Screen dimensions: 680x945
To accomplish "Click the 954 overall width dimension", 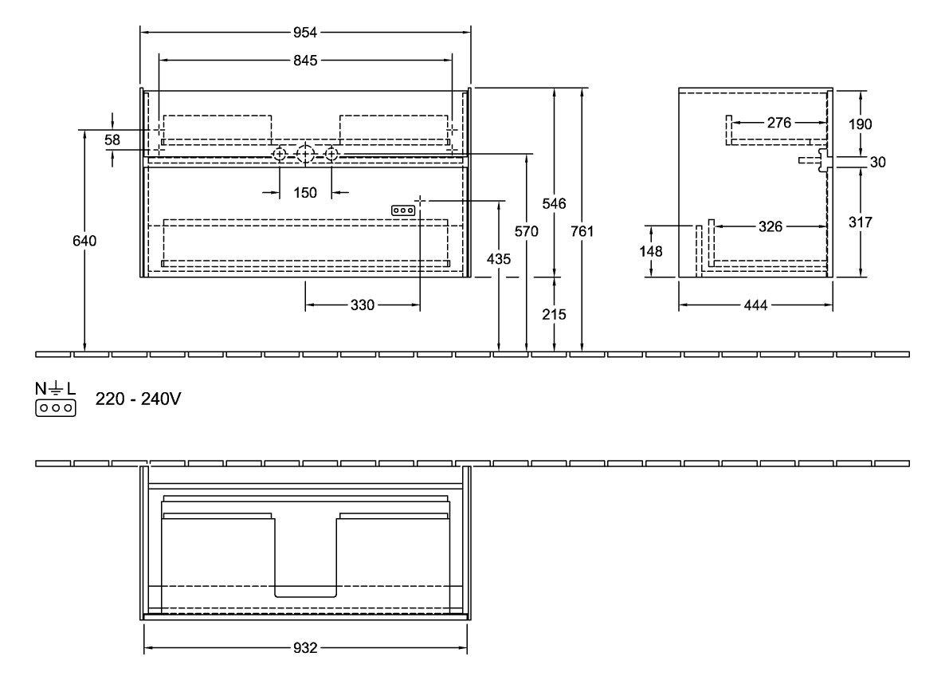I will [306, 32].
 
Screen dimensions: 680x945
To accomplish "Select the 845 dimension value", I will [306, 60].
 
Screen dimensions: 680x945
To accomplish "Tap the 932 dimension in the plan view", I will [306, 649].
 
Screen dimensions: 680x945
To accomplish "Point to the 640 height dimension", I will [84, 241].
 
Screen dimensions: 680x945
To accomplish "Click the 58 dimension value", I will [112, 140].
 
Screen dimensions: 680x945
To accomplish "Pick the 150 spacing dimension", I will [305, 192].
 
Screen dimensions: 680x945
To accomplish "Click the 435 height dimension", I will [499, 259].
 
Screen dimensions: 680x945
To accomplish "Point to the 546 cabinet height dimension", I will [555, 204].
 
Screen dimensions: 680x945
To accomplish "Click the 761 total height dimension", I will [583, 232].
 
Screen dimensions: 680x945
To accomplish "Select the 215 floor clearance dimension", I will [555, 314].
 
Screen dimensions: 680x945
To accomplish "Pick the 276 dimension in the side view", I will [778, 123].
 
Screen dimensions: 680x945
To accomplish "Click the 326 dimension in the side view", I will [770, 227].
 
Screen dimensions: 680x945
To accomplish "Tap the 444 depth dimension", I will [756, 305].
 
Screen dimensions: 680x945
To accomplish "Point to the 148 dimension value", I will [653, 251].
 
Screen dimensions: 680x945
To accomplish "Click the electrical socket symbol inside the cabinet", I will [402, 210].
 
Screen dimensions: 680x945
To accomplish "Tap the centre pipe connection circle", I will [305, 154].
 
